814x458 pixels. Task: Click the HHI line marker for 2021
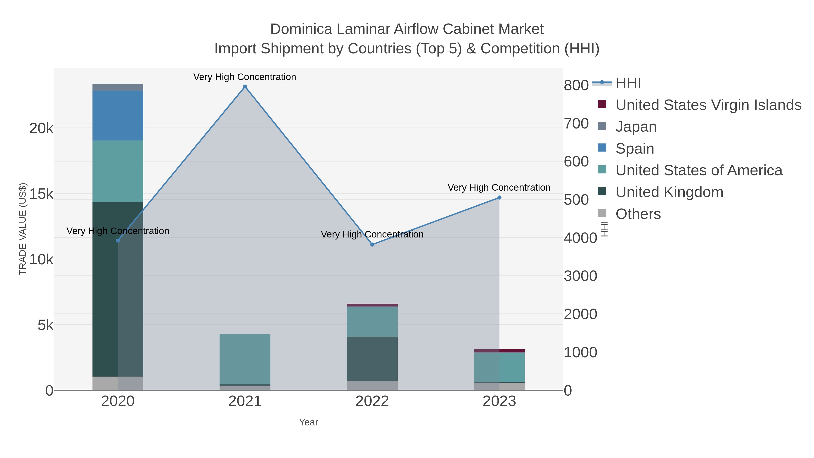click(245, 87)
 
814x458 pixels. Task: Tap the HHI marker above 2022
click(372, 244)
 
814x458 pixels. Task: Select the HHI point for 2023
click(499, 197)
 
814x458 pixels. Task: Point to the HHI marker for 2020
click(118, 241)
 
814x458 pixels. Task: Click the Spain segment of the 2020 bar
click(118, 115)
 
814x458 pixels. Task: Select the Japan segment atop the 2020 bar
click(118, 87)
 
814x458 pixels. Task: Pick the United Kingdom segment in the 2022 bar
click(372, 358)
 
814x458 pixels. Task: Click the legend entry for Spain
click(634, 149)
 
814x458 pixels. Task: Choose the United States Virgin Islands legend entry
click(708, 105)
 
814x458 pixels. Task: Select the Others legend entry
click(638, 214)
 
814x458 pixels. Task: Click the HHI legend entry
click(628, 83)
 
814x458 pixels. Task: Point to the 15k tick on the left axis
click(41, 194)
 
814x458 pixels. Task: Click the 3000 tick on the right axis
click(580, 276)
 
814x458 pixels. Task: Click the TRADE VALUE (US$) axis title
click(23, 229)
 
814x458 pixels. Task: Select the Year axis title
click(308, 422)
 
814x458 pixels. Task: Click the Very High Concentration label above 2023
click(499, 187)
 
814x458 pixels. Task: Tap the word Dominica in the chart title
click(301, 29)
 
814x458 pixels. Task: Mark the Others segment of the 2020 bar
click(118, 383)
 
